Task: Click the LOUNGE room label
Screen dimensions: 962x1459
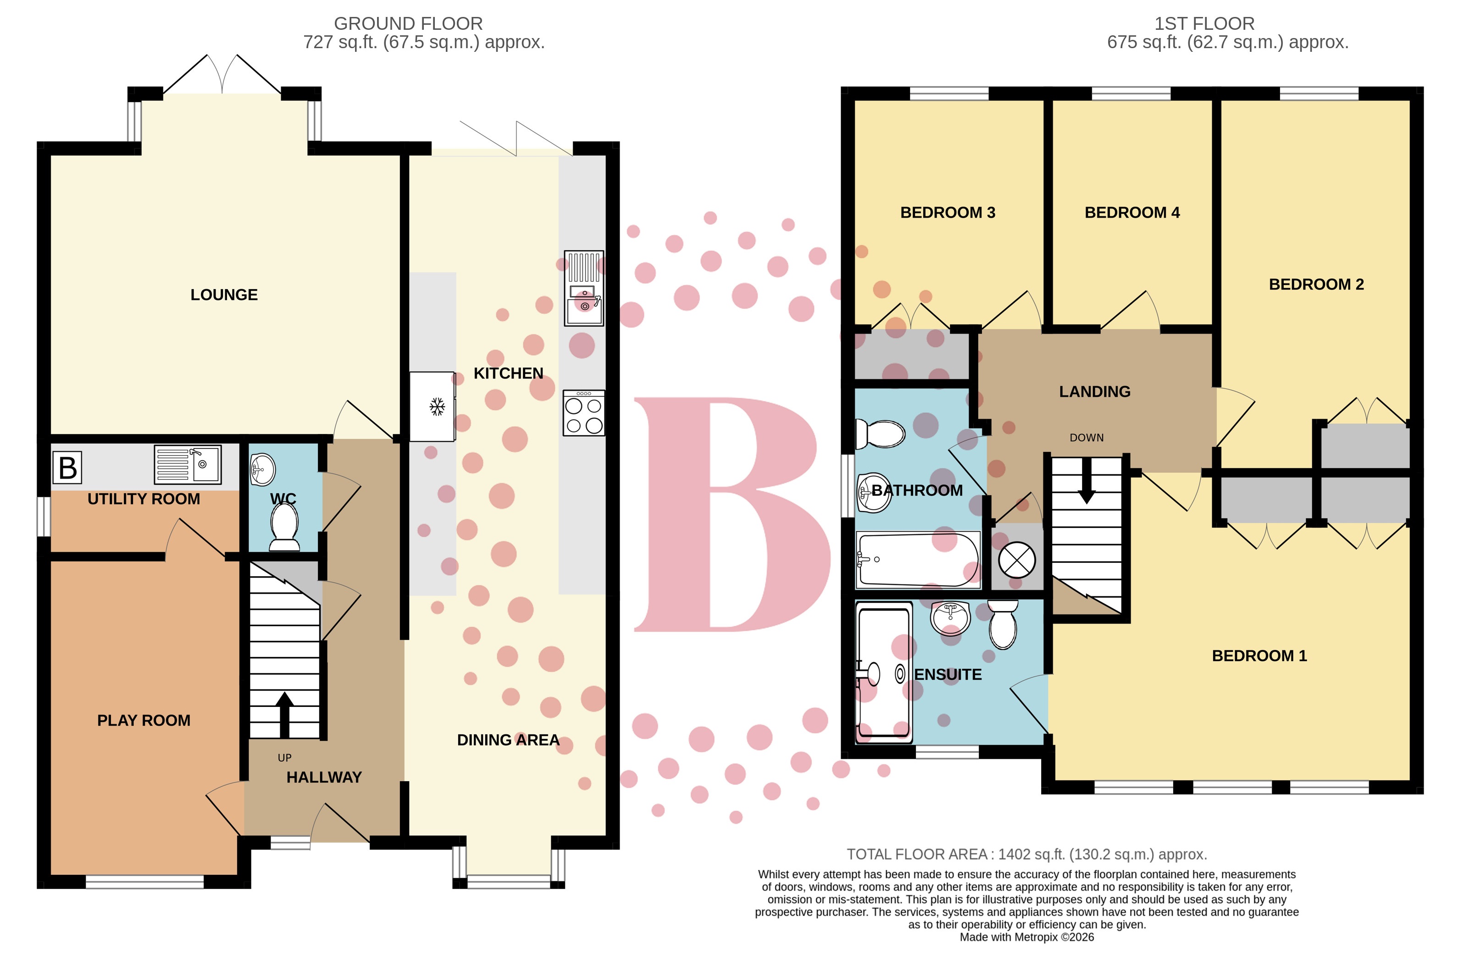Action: [224, 295]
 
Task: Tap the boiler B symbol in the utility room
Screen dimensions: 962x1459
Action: [67, 468]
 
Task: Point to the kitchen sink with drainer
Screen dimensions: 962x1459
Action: [584, 289]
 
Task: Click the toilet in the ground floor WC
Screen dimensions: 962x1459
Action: [284, 529]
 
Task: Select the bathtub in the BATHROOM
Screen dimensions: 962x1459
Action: [917, 560]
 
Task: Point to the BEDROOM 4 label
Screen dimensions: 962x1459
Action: [1132, 213]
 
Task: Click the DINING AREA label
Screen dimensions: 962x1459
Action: [508, 740]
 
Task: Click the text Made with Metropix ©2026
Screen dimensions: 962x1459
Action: [1026, 937]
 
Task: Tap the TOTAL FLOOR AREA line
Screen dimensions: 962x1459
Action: [1026, 854]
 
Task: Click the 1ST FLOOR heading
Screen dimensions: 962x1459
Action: [1204, 24]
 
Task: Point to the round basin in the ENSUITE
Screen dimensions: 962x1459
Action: [950, 617]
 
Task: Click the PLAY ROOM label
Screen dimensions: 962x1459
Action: [144, 720]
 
